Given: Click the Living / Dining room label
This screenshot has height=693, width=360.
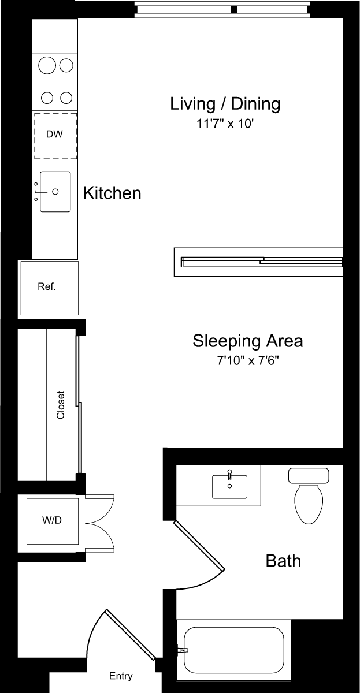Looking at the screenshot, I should coord(225,104).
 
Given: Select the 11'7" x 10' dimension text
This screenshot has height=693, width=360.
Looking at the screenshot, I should coord(225,123).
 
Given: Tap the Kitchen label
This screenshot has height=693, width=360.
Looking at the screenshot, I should coord(112,193).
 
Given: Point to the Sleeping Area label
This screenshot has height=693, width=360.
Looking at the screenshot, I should coord(247,341).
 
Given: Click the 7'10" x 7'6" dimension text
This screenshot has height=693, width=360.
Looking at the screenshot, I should coord(247,362).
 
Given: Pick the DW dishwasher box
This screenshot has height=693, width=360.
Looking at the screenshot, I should coord(54,135).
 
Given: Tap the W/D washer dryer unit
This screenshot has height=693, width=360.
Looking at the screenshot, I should coord(52,520).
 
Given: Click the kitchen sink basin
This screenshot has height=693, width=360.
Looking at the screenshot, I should coord(55,191).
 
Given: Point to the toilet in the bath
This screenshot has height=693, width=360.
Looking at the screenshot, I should coord(309,497).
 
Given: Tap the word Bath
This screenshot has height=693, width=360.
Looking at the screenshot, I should coord(283,560).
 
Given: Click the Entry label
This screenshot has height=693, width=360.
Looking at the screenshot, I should coord(121,676).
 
